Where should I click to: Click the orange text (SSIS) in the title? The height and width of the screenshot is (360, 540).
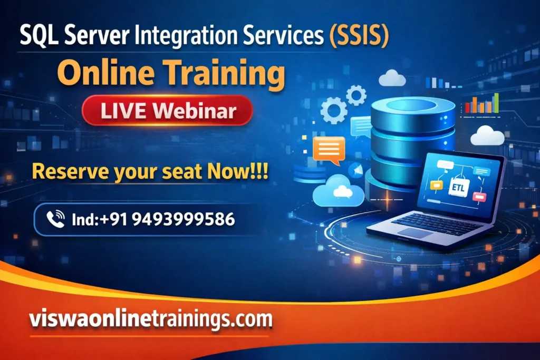359,38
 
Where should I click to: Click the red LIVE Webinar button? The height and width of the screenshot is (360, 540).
167,111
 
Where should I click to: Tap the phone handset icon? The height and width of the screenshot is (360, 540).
55,219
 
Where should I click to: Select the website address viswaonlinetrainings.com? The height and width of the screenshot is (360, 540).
151,318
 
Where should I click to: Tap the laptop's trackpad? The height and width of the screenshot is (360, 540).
415,232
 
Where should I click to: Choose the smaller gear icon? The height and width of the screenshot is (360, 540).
356,95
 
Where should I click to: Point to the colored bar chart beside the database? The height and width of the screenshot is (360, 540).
481,104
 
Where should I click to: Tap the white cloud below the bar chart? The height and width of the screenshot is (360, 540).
487,136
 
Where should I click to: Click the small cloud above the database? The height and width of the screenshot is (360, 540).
392,79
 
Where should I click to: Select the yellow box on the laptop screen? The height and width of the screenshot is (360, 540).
436,184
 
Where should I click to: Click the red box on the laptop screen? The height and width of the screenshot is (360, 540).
479,197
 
